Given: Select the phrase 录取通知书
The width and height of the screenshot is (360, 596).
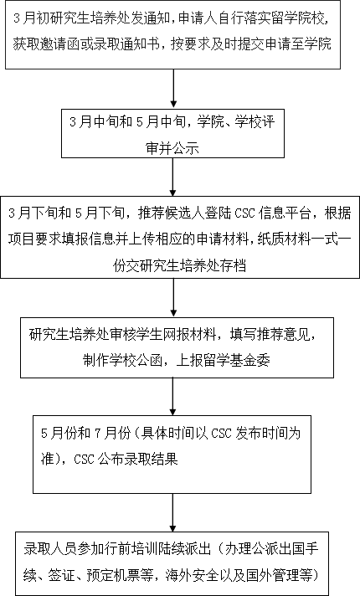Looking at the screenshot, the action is pos(124,44).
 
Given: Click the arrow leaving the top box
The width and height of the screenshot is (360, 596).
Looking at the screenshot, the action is pos(173,88).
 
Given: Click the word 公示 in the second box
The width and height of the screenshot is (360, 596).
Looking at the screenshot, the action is pos(186,147).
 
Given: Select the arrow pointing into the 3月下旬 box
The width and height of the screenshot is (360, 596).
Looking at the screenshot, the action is pos(173,177).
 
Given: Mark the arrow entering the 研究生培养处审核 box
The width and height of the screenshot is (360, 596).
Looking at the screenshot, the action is pos(173,298).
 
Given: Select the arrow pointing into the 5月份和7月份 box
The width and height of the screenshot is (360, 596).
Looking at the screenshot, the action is pos(173,397).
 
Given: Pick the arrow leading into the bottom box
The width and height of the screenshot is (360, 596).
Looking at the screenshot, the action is pos(173,513).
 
